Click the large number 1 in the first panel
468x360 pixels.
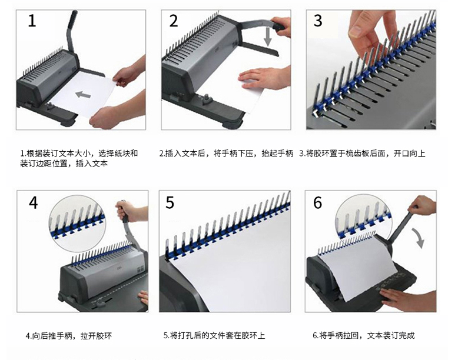tap(32, 21)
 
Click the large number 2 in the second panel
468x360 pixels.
tap(174, 21)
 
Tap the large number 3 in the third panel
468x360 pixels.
tap(318, 21)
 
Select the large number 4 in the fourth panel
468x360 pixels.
tap(33, 203)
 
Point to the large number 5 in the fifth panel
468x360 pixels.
tap(170, 203)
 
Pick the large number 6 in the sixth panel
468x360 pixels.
tap(317, 203)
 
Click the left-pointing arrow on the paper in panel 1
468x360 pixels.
tap(83, 95)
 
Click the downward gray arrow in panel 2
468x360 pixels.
tap(268, 36)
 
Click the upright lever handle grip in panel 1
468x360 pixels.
tap(72, 18)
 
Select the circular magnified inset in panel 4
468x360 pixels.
tap(77, 223)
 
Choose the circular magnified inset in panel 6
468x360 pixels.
tap(363, 215)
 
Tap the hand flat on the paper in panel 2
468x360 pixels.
tap(264, 79)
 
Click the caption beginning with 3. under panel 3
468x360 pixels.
tap(362, 154)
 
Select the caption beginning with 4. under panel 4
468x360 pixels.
tap(69, 336)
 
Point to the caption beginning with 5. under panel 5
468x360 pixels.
tap(214, 335)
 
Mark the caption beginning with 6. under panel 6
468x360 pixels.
tap(364, 335)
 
